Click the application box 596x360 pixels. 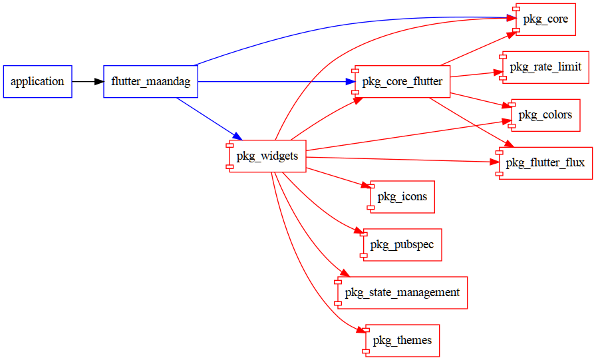[x=37, y=82]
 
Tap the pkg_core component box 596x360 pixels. [x=545, y=19]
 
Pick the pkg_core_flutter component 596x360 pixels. [x=402, y=82]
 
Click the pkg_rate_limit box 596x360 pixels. [x=545, y=67]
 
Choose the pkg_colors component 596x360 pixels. [x=545, y=115]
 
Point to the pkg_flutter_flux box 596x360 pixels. [x=545, y=163]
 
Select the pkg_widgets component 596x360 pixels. [x=267, y=156]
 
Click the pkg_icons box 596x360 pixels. [x=402, y=197]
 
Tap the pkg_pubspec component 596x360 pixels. [x=402, y=245]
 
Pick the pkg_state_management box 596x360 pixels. [x=402, y=293]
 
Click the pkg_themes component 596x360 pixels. [x=402, y=341]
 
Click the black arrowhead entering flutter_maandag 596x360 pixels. [x=99, y=82]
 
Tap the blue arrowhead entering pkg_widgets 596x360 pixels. [x=235, y=136]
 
